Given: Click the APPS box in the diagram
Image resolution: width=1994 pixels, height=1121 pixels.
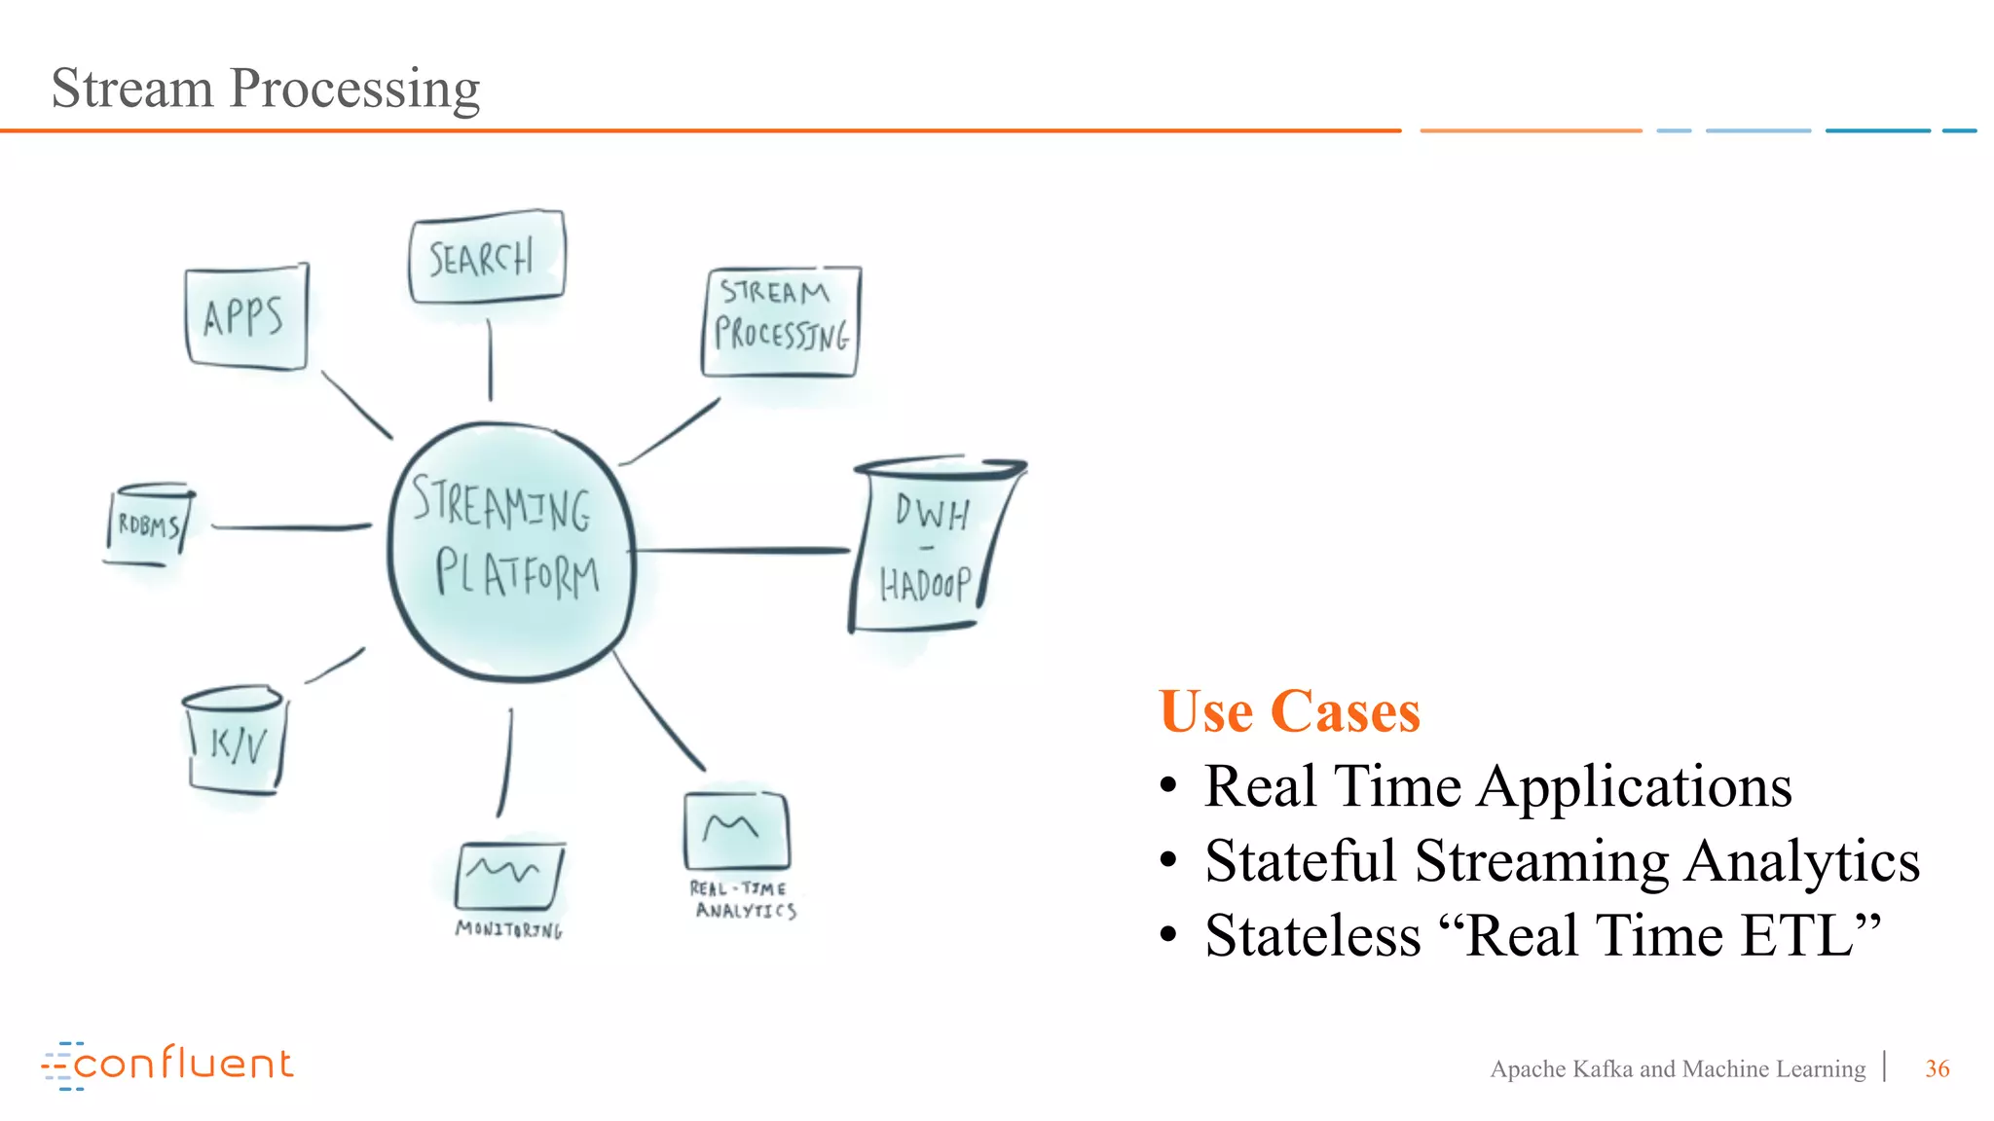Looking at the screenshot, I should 245,317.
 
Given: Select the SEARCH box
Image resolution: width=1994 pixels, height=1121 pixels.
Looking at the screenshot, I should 486,257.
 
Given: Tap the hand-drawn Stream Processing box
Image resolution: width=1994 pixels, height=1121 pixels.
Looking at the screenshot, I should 781,321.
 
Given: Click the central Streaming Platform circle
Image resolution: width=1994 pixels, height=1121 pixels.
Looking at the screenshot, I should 511,551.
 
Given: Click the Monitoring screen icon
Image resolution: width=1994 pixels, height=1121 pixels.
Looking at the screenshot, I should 508,875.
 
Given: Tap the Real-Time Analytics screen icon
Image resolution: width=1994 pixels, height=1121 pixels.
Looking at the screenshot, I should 736,830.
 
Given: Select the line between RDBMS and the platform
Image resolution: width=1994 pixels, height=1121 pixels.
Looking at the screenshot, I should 290,527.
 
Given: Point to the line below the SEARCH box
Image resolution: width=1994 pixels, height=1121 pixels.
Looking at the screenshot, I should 490,360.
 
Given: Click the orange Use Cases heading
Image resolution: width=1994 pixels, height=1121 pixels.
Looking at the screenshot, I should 1289,711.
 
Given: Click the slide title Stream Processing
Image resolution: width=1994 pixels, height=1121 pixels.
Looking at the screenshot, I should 265,88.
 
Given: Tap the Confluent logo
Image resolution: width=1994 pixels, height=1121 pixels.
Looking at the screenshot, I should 167,1065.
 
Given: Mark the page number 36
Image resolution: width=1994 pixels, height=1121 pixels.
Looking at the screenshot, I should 1937,1068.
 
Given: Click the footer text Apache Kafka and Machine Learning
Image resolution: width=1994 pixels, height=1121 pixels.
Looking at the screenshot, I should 1677,1068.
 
